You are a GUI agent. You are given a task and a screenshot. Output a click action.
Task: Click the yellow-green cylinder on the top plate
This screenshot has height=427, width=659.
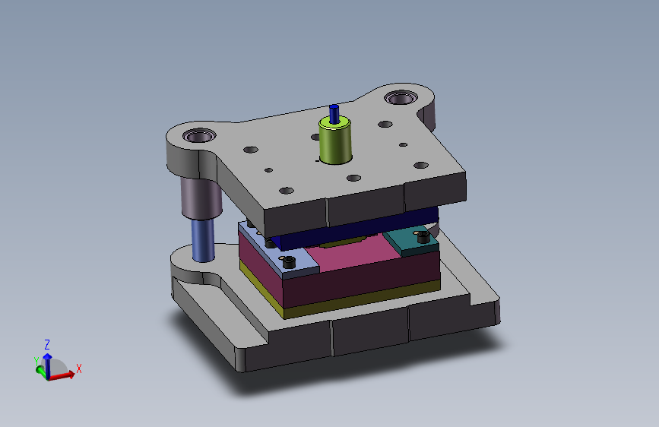(335, 141)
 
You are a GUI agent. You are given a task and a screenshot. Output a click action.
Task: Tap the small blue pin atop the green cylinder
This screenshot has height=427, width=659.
(334, 114)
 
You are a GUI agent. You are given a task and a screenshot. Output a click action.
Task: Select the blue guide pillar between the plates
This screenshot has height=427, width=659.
(203, 240)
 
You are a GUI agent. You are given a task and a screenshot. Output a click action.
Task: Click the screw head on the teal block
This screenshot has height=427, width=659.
(423, 237)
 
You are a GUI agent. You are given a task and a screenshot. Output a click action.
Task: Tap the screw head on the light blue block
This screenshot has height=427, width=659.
(289, 262)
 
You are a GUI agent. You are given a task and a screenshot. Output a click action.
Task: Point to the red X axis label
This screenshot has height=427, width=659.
(78, 368)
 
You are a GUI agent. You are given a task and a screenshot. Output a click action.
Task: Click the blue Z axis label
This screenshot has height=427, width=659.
(47, 345)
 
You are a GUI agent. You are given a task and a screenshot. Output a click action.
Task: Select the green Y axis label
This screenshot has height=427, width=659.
(36, 361)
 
